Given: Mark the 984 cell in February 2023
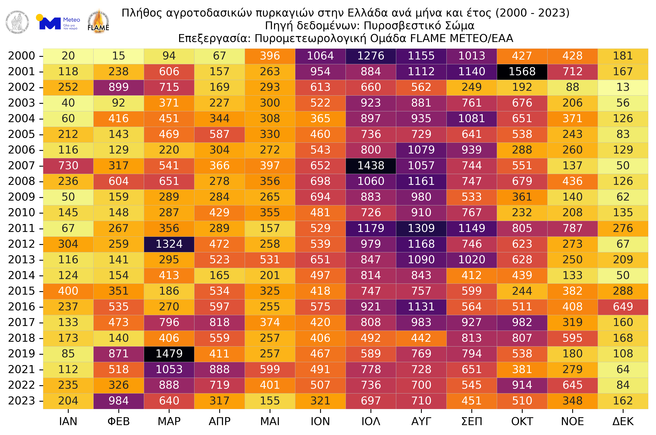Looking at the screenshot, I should pos(118,401).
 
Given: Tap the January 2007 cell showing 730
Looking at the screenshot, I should pos(68,166).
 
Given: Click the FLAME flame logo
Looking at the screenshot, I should pos(98,22).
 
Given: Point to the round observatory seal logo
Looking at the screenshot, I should pos(17,22).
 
